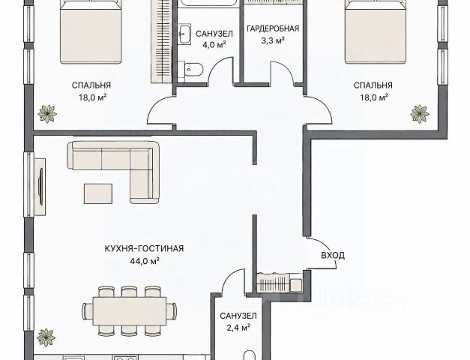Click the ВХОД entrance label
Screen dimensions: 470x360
[333, 256]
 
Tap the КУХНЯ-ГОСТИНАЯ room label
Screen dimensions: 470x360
[144, 249]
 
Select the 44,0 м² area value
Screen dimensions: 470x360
[144, 261]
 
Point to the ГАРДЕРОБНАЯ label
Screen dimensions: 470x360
[273, 28]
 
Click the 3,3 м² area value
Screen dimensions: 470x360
[273, 40]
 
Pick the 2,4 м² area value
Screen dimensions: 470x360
[238, 328]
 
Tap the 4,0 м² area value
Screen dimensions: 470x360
[214, 45]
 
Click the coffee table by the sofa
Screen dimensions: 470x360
[98, 193]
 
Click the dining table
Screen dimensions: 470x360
[129, 310]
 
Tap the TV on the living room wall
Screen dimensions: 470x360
[40, 187]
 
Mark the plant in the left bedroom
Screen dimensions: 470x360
[47, 114]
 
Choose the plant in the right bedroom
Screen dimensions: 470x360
[419, 114]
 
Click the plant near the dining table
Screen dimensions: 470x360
[46, 337]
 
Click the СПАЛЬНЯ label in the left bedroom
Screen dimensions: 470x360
[91, 85]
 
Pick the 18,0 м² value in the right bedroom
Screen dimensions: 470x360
[373, 97]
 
